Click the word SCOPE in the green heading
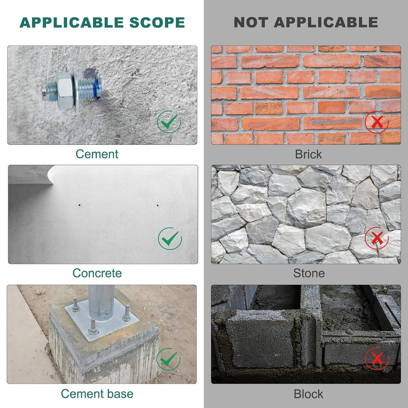(157, 22)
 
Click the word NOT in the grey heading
(251, 22)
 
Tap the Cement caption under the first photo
(97, 154)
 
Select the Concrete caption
(97, 273)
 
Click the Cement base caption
(97, 394)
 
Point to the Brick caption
(308, 154)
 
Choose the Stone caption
(309, 273)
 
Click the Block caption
(308, 394)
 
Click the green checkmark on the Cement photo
(169, 122)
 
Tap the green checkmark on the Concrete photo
(170, 238)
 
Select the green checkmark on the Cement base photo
(169, 359)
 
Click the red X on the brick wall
(377, 122)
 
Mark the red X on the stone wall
(377, 238)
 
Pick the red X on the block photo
(377, 359)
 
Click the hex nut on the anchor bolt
(64, 90)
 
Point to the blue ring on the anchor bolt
(98, 88)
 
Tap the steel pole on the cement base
(102, 302)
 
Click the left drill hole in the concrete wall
(80, 205)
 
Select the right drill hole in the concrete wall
(157, 205)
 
